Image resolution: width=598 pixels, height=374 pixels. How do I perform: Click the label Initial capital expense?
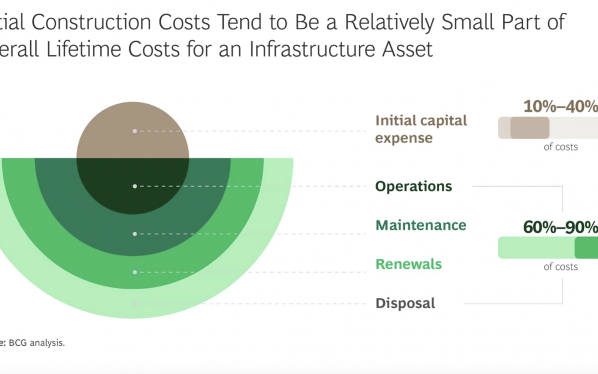(421, 129)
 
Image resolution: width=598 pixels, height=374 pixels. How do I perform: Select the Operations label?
(414, 186)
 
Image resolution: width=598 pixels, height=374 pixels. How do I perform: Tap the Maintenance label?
(421, 225)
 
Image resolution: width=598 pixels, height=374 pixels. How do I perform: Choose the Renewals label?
(409, 264)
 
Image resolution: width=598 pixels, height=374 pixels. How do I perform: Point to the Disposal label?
(405, 303)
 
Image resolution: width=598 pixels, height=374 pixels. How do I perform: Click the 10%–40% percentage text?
(560, 106)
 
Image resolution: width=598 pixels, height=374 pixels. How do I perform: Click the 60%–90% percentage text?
(560, 227)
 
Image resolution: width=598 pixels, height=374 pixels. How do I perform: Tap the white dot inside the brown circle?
(135, 131)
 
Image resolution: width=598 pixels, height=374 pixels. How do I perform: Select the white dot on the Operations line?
(135, 186)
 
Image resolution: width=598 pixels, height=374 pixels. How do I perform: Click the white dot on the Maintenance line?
(135, 234)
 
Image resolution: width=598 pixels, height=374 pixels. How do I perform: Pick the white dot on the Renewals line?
(135, 272)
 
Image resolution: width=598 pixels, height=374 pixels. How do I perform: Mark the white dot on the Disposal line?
(135, 304)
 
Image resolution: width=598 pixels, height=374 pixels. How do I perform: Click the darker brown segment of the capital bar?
(530, 128)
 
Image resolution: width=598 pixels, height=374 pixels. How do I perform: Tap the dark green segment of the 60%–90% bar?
(586, 248)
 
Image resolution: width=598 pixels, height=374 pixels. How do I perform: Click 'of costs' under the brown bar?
(560, 147)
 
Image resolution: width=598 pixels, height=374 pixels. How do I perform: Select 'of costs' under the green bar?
(560, 267)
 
